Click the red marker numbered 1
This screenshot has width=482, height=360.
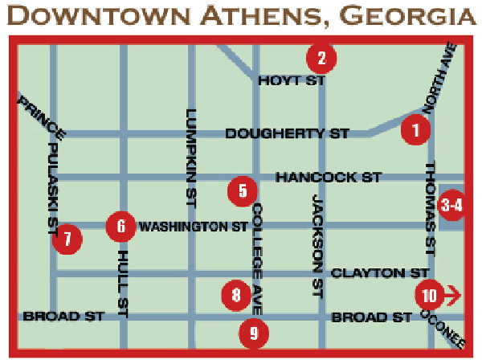tap(415, 129)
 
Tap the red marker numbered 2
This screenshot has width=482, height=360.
tap(321, 57)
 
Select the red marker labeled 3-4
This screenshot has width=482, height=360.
tap(452, 205)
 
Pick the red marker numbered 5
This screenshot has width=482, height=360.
tap(242, 190)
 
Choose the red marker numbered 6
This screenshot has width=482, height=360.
tap(120, 226)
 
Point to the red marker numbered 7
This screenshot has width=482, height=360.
tap(67, 238)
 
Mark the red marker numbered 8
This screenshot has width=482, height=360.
tap(235, 295)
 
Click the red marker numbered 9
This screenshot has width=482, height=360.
tap(254, 331)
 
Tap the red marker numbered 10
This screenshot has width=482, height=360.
tap(429, 295)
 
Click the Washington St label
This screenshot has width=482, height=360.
tap(194, 227)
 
